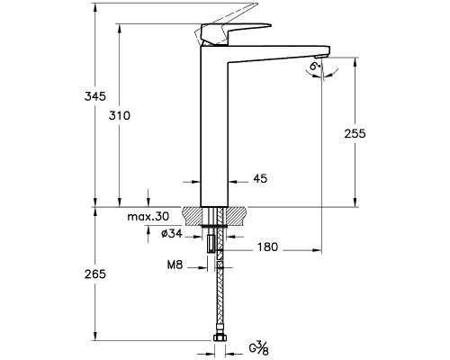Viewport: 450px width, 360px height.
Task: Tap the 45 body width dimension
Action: tap(260, 179)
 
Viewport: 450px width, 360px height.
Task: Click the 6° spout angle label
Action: tap(315, 67)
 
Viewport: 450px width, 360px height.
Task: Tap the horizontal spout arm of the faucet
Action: tap(279, 51)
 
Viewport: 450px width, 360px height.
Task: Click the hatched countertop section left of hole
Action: tap(195, 216)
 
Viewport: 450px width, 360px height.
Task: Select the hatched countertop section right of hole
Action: tap(237, 216)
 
